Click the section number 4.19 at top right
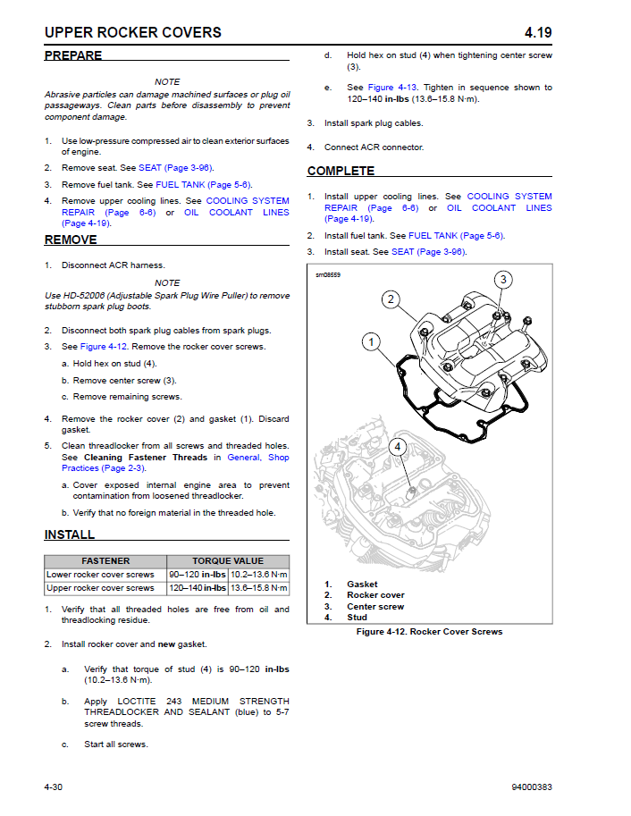[x=538, y=33]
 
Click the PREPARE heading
[x=73, y=55]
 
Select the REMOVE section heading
[x=71, y=240]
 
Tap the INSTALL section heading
[x=70, y=534]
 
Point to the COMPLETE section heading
[x=341, y=171]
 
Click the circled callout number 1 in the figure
[x=372, y=341]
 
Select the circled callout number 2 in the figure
[x=391, y=299]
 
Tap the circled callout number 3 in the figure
[x=503, y=280]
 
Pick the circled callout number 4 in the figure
[x=398, y=447]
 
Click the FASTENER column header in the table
[x=100, y=561]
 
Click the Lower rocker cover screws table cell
[x=100, y=575]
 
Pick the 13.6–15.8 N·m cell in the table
[x=259, y=588]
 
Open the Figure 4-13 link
[x=393, y=88]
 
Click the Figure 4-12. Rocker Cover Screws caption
[x=429, y=632]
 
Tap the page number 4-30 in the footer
[x=58, y=787]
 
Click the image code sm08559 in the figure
[x=328, y=274]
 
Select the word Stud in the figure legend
[x=357, y=618]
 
